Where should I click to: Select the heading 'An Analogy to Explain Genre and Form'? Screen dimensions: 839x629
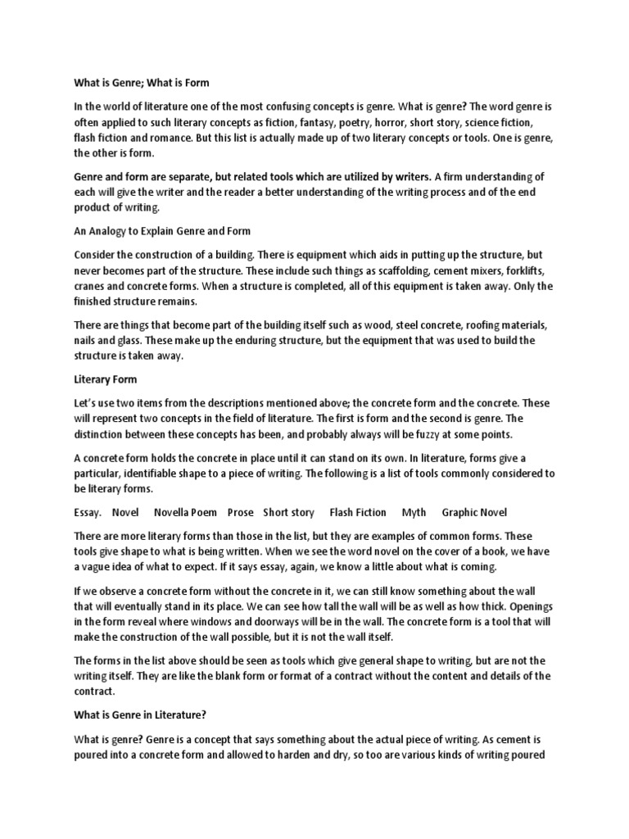tap(162, 231)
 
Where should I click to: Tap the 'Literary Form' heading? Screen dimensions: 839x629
tap(106, 379)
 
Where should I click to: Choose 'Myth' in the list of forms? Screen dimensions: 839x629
tap(414, 512)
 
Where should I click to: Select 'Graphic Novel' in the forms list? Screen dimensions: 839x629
tap(474, 512)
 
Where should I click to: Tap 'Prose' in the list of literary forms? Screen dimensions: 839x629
tap(241, 512)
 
